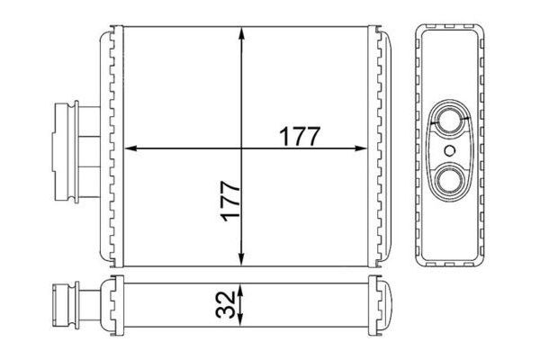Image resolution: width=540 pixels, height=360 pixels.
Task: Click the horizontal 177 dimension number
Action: coord(300,137)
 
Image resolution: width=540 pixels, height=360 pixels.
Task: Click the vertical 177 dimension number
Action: coord(230,202)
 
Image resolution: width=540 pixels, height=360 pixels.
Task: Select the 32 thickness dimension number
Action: coord(226,304)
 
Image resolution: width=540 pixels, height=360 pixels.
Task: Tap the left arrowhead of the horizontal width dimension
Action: coord(130,148)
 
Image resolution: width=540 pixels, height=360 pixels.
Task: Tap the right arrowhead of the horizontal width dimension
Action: coord(361,148)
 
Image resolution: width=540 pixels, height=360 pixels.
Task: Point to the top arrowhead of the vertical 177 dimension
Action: coord(241,34)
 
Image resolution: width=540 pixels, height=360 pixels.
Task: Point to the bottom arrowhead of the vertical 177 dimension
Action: coord(241,259)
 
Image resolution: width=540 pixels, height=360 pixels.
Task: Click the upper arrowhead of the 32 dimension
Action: coord(240,290)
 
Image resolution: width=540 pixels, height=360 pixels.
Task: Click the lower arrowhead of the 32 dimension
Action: coord(240,320)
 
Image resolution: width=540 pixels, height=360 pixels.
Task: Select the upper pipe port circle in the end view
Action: coord(450,121)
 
